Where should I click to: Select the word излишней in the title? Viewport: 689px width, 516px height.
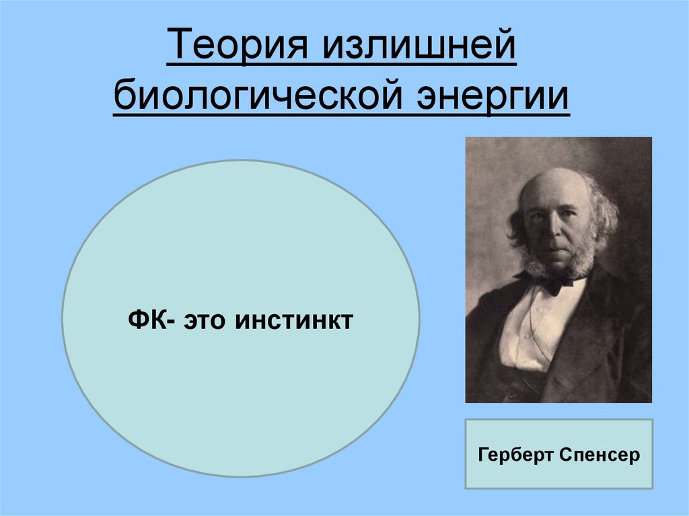coord(419,49)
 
